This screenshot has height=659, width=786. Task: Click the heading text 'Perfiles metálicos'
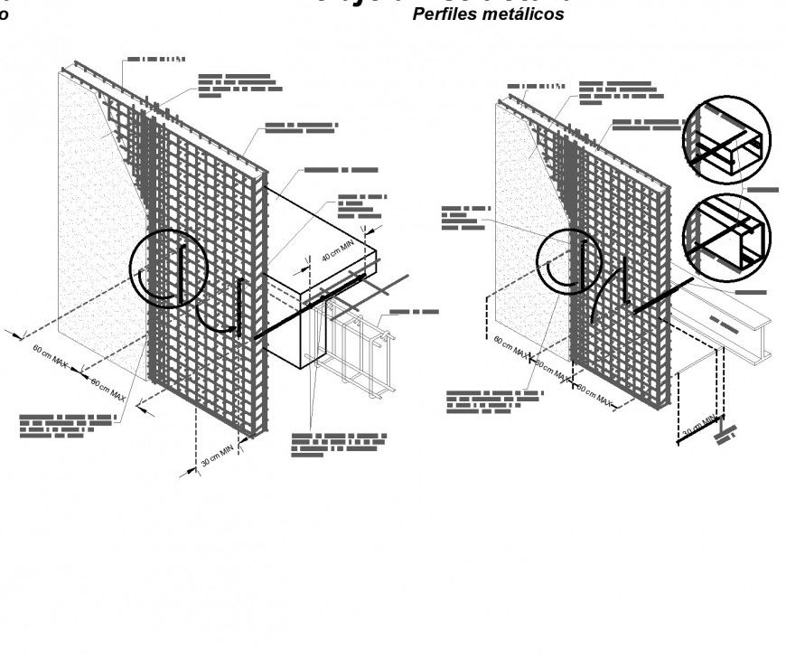488,14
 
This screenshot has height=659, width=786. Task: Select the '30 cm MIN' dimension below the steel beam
697,426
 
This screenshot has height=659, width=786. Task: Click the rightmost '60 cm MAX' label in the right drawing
594,395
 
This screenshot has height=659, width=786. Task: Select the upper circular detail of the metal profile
726,140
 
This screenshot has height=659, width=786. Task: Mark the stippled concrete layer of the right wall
524,217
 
